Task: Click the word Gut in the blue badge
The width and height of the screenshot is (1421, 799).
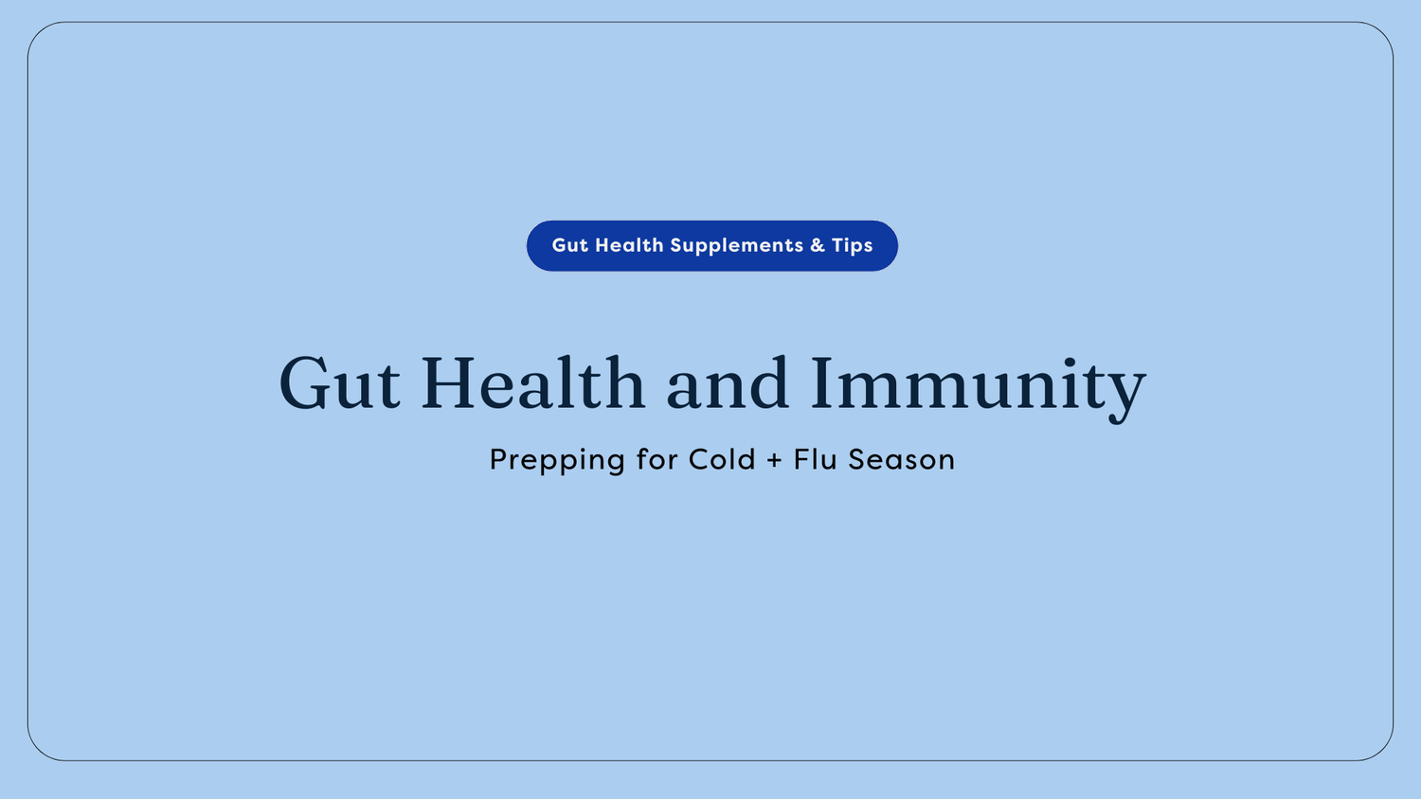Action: click(569, 245)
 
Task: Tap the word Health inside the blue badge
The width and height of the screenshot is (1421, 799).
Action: click(629, 245)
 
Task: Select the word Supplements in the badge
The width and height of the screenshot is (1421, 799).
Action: click(737, 246)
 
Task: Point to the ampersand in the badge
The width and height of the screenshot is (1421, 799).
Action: click(818, 245)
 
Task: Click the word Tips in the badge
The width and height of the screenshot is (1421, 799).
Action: click(853, 246)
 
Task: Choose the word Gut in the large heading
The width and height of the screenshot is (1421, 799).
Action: click(339, 384)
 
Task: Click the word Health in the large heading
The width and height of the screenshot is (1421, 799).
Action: click(532, 383)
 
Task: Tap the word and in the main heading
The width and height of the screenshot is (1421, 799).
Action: click(728, 384)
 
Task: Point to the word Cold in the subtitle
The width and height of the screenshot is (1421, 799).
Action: click(722, 459)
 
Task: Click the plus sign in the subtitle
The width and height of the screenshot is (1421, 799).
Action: click(775, 460)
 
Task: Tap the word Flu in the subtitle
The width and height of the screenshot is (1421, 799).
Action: click(816, 459)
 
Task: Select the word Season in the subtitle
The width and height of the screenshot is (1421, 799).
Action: click(901, 459)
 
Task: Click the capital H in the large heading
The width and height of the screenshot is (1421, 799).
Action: click(453, 383)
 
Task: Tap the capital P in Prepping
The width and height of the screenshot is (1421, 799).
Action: click(499, 459)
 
